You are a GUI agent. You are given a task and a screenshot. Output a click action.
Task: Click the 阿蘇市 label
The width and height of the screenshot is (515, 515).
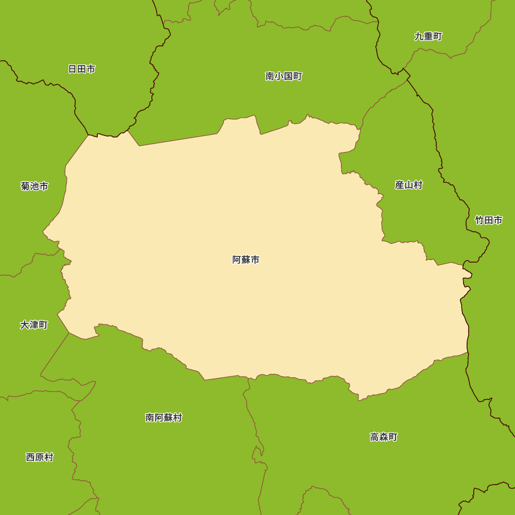coord(246,260)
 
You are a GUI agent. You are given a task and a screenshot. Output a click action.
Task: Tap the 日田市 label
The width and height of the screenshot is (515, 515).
coord(81,69)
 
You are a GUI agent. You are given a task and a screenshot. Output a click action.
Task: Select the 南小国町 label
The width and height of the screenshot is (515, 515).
coord(283,77)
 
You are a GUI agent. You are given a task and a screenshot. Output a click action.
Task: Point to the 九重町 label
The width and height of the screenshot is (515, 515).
coord(428,37)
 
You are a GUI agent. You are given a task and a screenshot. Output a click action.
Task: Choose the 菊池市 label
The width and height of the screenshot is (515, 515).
coord(35,186)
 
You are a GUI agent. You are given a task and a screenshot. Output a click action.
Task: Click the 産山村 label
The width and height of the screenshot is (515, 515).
coord(408,185)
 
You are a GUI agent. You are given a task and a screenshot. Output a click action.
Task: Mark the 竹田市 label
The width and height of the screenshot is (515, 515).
coord(488,220)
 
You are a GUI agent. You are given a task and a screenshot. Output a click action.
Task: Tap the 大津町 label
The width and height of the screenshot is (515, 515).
coord(34,325)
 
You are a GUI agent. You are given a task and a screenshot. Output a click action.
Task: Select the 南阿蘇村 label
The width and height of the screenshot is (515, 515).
coord(163,418)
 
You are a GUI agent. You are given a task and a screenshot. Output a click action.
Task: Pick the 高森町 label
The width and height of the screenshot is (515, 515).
coord(384,437)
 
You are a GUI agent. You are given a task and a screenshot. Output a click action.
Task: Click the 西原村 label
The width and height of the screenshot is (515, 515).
coord(39,457)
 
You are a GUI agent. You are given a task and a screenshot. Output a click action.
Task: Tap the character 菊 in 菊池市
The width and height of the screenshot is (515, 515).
coord(25,186)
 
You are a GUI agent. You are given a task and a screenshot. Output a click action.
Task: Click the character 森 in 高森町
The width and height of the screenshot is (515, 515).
coord(384,437)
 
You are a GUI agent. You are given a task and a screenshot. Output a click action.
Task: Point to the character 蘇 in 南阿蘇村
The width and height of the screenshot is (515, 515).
coord(168,418)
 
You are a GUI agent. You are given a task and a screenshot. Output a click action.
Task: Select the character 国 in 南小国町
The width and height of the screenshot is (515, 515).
coord(288,77)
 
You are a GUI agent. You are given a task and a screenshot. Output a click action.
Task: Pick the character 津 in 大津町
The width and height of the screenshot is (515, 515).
coord(34,325)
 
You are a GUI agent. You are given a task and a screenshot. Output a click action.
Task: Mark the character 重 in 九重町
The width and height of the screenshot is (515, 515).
coord(428,37)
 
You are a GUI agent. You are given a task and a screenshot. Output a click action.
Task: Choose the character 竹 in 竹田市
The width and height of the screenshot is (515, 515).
coord(479,220)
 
